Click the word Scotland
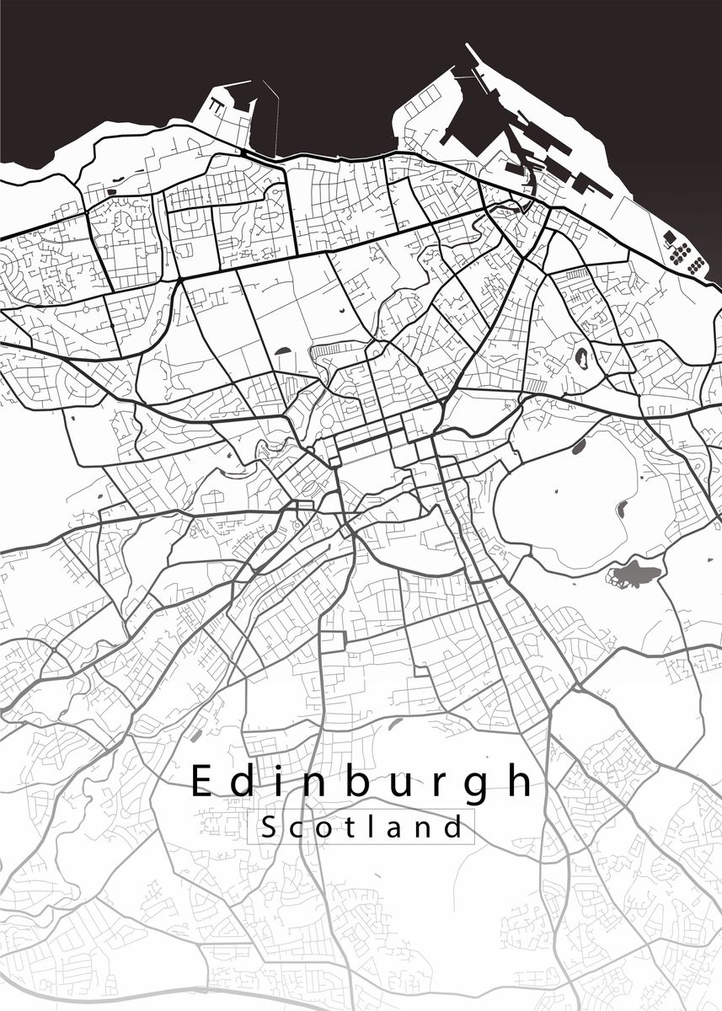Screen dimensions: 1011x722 362,826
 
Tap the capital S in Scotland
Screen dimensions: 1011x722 269,826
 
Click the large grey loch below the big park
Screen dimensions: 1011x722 634,576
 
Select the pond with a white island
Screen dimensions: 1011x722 580,358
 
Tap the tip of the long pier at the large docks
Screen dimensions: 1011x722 468,48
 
